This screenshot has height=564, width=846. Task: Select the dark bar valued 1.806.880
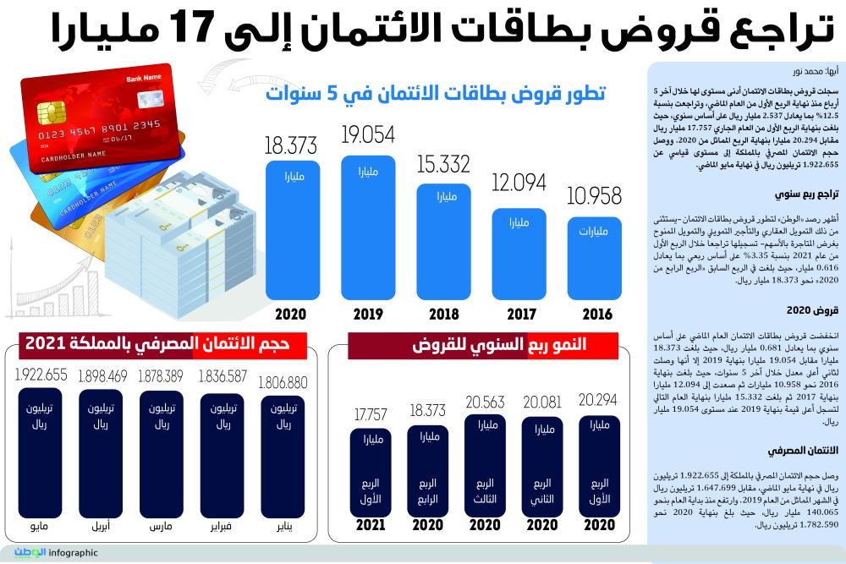click(287, 457)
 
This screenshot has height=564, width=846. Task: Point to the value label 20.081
click(542, 401)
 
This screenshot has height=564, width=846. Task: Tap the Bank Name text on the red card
click(144, 79)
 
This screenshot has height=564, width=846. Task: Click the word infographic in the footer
click(74, 554)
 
